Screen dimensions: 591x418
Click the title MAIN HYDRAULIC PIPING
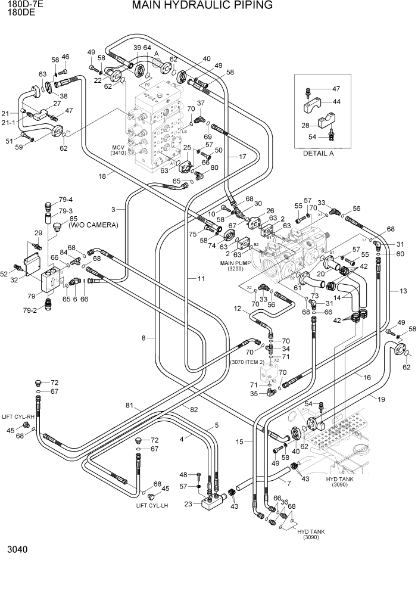(x=194, y=6)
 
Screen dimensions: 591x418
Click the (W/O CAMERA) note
(x=93, y=225)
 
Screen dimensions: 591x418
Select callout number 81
(x=129, y=406)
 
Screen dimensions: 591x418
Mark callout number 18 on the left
(x=102, y=175)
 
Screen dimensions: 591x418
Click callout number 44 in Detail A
(x=336, y=102)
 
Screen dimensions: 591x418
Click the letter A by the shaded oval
(x=156, y=52)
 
